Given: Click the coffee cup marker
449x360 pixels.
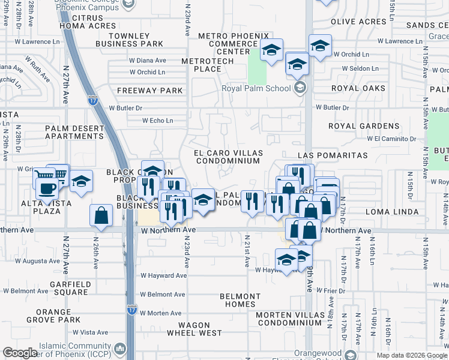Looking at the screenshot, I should pos(47,188).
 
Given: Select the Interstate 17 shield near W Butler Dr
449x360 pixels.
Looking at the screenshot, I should pos(92,100).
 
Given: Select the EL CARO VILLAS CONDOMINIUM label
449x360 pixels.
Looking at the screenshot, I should pos(227,157).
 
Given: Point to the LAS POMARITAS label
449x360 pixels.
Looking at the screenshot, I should pos(332,155).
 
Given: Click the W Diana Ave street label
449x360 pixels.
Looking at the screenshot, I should pos(148,61).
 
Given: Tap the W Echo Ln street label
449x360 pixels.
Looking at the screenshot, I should pos(157,121).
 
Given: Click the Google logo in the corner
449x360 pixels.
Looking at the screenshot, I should pos(20,353).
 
